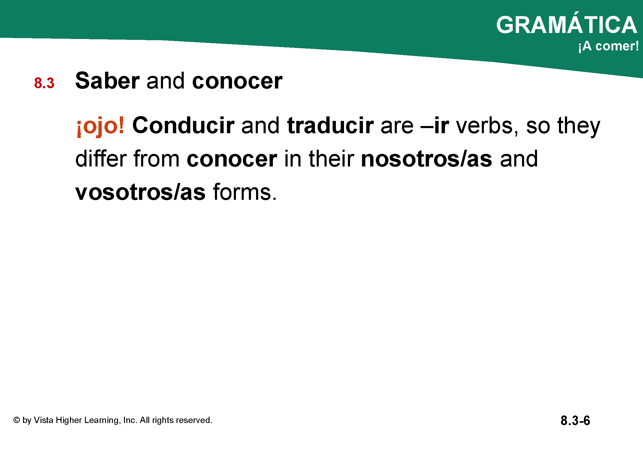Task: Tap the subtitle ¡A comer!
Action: point(608,46)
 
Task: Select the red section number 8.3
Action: point(44,83)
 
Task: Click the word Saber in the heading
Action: point(107,81)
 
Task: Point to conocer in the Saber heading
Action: point(237,81)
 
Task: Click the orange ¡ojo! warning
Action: point(100,126)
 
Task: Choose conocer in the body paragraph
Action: point(232,159)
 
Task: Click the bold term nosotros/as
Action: point(427,159)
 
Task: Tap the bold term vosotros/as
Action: point(140,192)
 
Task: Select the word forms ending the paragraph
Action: point(244,192)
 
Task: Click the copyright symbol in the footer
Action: point(17,420)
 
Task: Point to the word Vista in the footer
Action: point(44,420)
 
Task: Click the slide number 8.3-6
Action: point(575,421)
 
